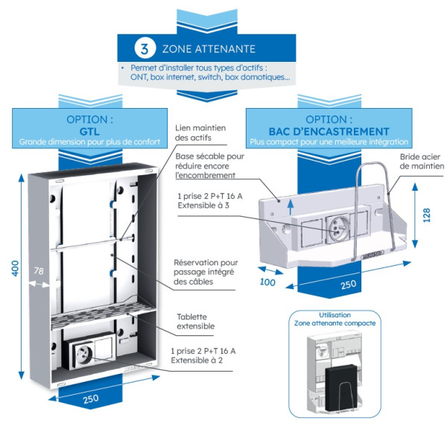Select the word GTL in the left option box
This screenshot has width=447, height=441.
click(90, 130)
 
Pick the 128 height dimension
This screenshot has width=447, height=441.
click(426, 216)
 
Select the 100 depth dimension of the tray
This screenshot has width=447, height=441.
click(266, 282)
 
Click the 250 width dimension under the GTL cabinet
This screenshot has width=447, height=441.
click(91, 399)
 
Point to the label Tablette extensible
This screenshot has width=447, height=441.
click(195, 321)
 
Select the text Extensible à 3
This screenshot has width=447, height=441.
click(204, 205)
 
